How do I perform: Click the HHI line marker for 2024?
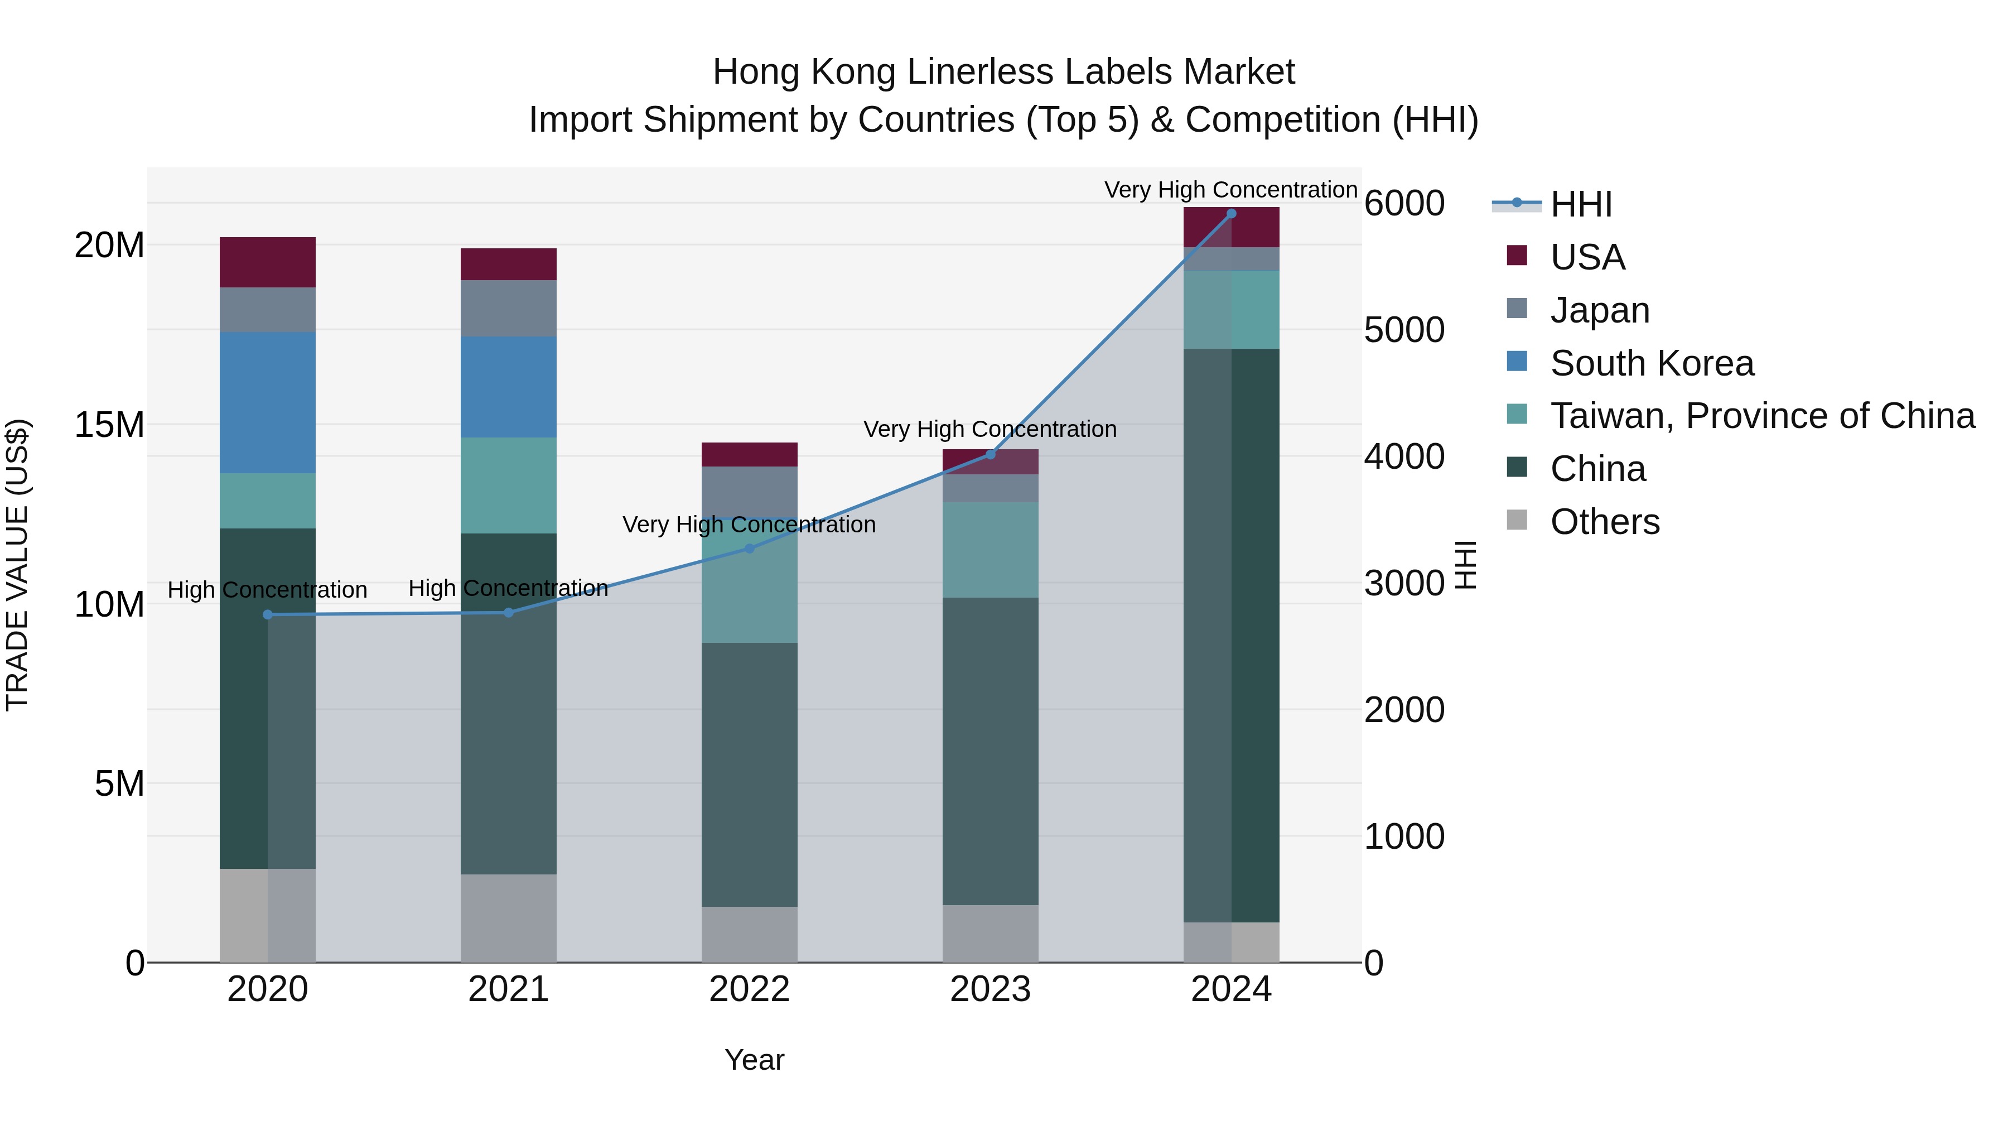(1232, 213)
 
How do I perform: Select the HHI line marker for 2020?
(267, 614)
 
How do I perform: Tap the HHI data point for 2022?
(749, 548)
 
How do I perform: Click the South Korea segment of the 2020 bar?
(267, 402)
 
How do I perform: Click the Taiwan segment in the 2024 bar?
(1232, 310)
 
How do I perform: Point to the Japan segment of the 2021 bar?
(508, 308)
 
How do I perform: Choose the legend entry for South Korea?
(1652, 363)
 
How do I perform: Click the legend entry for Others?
(1605, 522)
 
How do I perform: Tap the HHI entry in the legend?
(1581, 204)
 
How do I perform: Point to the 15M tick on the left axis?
(109, 425)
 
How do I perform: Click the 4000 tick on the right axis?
(1404, 456)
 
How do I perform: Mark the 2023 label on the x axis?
(990, 989)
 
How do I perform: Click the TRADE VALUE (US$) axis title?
(17, 565)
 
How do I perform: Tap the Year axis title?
(754, 1060)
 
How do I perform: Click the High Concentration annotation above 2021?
(508, 588)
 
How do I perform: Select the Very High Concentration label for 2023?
(990, 429)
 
